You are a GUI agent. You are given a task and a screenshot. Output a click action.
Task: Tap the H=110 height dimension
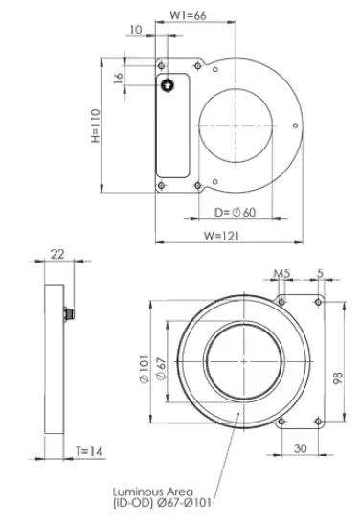click(95, 126)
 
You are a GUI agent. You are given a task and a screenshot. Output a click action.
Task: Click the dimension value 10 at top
click(134, 30)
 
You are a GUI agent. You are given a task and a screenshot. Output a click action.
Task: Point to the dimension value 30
click(300, 447)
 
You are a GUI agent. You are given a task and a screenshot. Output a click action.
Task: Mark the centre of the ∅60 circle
click(236, 126)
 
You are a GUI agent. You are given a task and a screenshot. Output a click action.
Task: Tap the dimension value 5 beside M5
click(318, 273)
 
